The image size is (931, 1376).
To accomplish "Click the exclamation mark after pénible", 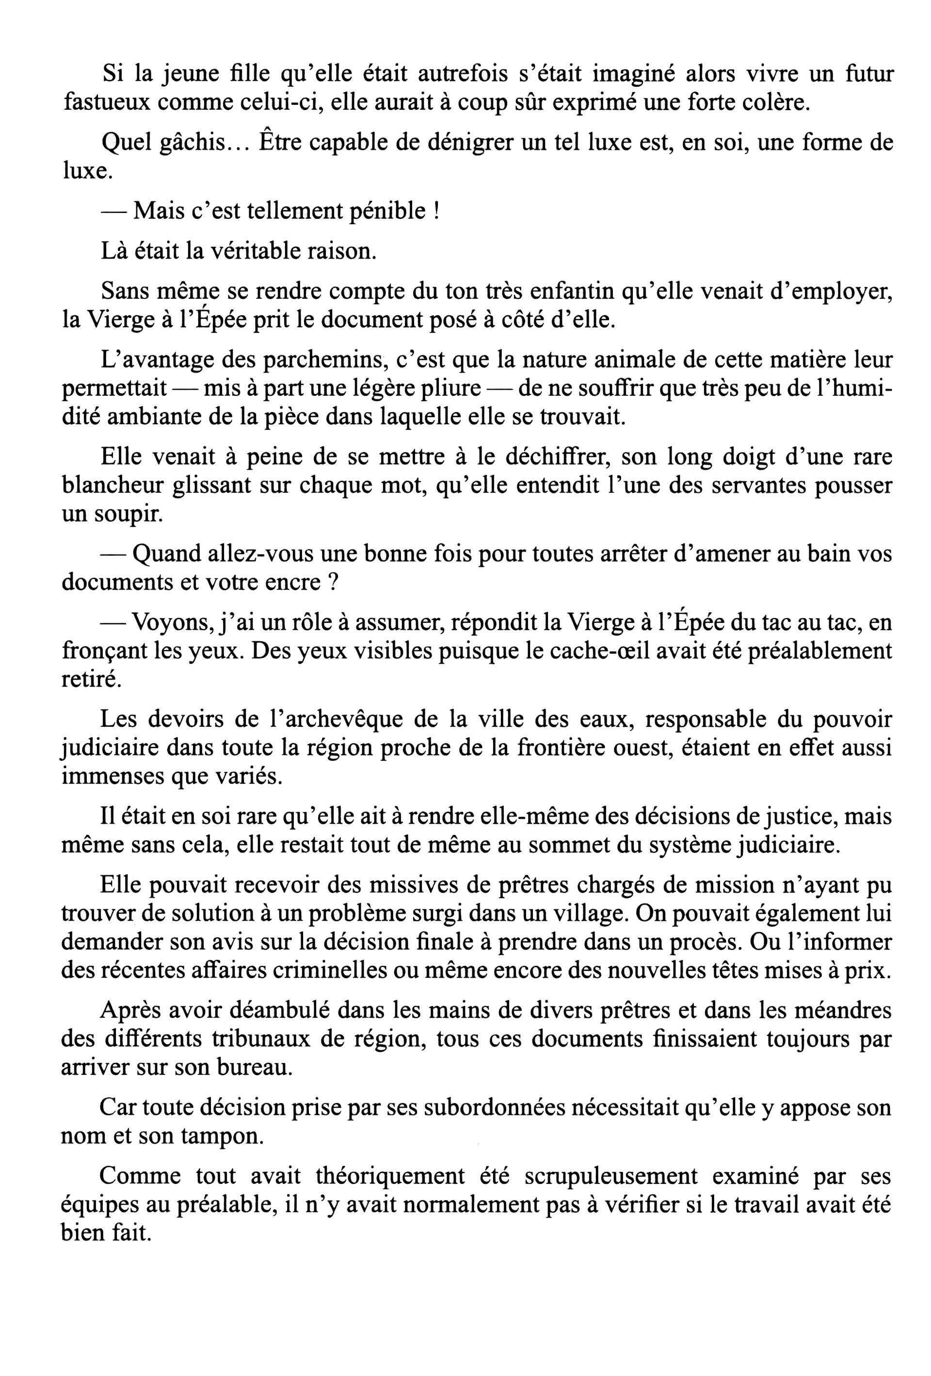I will pos(436,212).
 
